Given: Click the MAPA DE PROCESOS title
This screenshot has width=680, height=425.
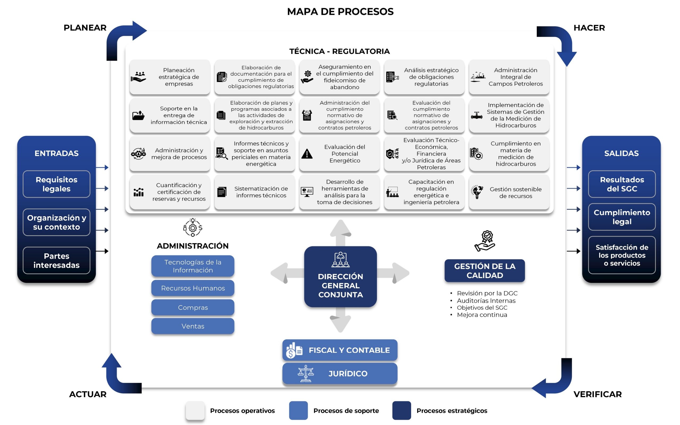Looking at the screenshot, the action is [340, 11].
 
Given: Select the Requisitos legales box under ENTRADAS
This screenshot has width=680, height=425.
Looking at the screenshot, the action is [57, 184].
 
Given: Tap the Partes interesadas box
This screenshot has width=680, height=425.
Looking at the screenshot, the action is [57, 260].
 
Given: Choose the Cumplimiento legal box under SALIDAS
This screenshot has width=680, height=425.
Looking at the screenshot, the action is [622, 217].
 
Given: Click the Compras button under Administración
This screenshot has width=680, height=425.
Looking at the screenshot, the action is [193, 307].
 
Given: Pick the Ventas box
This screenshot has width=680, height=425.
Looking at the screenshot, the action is [193, 326].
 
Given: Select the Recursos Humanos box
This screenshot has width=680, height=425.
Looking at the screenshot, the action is [193, 288].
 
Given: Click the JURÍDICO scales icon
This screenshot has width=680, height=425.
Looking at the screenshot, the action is [306, 374].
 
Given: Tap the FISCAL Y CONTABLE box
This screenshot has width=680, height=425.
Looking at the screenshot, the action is [340, 350].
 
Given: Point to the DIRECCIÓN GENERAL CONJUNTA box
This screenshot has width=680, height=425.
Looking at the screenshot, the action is [340, 277].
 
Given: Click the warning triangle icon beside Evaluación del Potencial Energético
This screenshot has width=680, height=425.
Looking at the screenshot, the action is [307, 154].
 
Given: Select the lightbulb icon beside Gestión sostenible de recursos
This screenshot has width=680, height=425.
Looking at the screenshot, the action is [477, 192].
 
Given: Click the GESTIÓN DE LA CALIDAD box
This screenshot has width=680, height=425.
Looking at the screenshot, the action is [485, 271].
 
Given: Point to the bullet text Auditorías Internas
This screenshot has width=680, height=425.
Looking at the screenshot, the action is [486, 301].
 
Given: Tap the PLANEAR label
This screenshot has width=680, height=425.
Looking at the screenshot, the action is [85, 28].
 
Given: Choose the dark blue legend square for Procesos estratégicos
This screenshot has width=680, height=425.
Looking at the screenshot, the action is [402, 410].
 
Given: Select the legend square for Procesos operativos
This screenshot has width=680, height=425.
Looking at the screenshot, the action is [195, 410].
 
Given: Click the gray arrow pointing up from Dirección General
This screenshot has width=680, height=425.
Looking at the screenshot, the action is [340, 233].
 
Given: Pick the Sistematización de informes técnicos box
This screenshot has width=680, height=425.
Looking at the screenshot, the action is [254, 192].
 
